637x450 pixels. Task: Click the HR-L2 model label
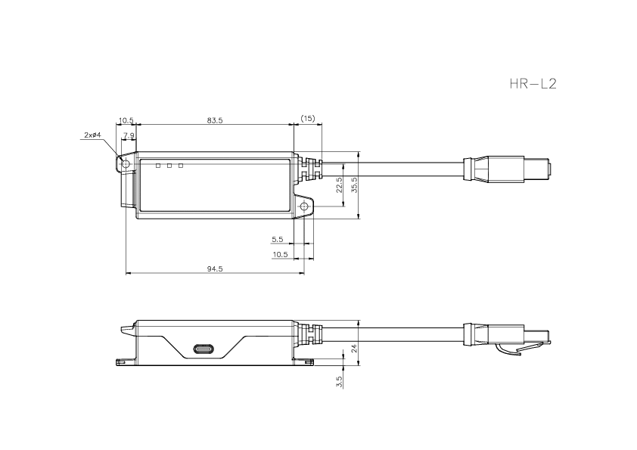pyautogui.click(x=533, y=83)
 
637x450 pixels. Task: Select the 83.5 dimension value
pyautogui.click(x=215, y=120)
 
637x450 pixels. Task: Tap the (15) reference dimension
pyautogui.click(x=308, y=119)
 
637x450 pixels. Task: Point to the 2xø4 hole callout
pyautogui.click(x=92, y=135)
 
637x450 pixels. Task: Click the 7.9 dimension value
pyautogui.click(x=129, y=135)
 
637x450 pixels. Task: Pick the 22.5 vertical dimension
pyautogui.click(x=340, y=185)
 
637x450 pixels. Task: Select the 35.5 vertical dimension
pyautogui.click(x=354, y=184)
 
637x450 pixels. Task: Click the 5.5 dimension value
pyautogui.click(x=278, y=239)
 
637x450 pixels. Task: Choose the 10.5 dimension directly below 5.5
pyautogui.click(x=279, y=254)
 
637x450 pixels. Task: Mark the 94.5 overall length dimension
pyautogui.click(x=215, y=268)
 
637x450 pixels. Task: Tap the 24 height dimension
pyautogui.click(x=353, y=349)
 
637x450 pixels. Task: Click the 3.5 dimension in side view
pyautogui.click(x=340, y=381)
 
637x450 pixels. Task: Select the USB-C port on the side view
pyautogui.click(x=204, y=350)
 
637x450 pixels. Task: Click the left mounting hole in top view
pyautogui.click(x=126, y=164)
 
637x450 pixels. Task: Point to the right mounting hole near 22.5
pyautogui.click(x=304, y=206)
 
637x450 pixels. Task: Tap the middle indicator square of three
pyautogui.click(x=170, y=165)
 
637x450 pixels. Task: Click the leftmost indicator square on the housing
pyautogui.click(x=158, y=165)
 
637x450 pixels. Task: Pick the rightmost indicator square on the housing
pyautogui.click(x=182, y=165)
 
